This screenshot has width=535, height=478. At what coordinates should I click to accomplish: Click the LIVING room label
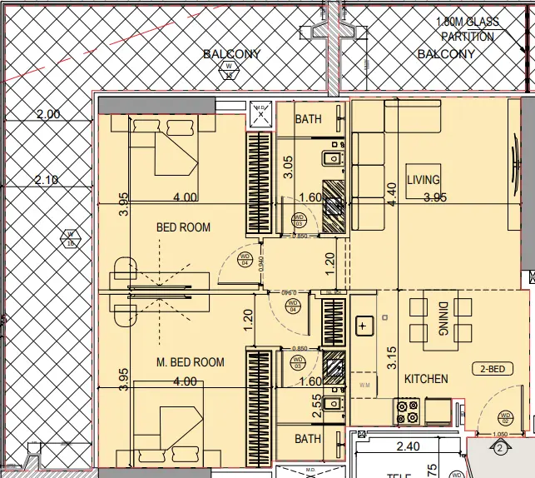[423, 180]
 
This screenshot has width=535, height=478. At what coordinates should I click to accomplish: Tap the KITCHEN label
[426, 379]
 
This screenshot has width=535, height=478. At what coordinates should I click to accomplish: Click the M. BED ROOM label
[191, 362]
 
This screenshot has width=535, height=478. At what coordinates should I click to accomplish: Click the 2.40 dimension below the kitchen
[407, 447]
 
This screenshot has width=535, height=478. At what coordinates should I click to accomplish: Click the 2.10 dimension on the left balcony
[47, 180]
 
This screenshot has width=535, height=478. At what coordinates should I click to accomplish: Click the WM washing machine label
[364, 386]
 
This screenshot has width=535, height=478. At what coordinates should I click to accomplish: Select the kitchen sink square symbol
[364, 326]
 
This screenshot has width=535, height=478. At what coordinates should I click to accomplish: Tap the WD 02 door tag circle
[504, 416]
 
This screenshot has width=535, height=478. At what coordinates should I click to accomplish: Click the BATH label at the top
[308, 119]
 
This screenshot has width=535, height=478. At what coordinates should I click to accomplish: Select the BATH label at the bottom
[308, 439]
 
